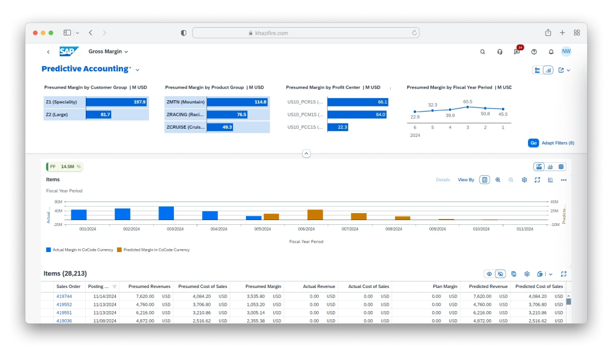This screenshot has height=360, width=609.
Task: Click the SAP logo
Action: (x=69, y=51)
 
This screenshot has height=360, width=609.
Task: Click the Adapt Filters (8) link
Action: (x=558, y=143)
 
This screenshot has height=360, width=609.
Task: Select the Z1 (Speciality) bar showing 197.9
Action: (x=116, y=102)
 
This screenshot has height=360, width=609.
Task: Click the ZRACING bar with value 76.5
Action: (x=227, y=114)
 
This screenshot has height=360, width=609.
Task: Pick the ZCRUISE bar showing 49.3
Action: (x=219, y=127)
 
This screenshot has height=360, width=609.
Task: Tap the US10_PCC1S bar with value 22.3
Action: (x=338, y=127)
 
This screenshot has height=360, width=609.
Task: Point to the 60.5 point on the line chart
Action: (x=468, y=107)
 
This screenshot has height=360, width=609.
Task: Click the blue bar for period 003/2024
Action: (x=166, y=213)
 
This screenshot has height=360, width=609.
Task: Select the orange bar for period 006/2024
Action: (x=315, y=215)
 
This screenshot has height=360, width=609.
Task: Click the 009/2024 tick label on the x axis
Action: (x=437, y=229)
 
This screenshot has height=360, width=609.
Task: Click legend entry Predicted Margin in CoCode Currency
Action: (x=156, y=250)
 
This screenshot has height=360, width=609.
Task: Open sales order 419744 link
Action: (x=64, y=296)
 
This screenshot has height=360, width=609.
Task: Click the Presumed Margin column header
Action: (x=263, y=286)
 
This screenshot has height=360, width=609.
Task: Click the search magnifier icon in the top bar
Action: (x=482, y=52)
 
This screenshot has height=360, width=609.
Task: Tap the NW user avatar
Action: (x=566, y=51)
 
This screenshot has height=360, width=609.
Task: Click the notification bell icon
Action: (x=550, y=52)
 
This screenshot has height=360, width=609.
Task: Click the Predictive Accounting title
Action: (x=85, y=69)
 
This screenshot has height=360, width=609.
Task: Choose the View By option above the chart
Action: (x=465, y=180)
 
